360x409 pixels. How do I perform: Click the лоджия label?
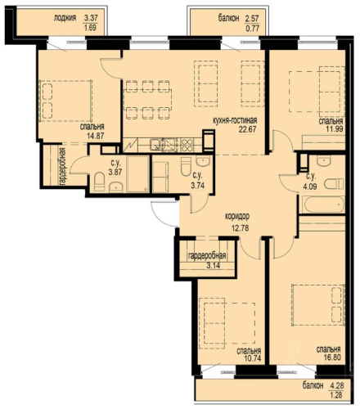point(65,18)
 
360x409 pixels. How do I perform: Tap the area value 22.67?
point(248,129)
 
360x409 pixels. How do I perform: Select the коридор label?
point(237,217)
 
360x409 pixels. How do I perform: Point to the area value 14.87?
point(96,136)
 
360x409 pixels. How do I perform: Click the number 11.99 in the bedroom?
point(335,128)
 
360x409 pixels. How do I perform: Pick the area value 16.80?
point(332,357)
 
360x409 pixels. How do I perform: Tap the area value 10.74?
point(252,358)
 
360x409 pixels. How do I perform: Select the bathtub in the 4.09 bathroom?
point(322,205)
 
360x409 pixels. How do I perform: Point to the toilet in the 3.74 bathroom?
point(187,166)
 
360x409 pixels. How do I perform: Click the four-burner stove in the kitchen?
point(187,145)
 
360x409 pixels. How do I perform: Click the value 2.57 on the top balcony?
point(252,19)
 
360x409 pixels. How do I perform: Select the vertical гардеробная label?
point(63,166)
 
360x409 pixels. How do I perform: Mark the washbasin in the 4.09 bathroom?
point(324,160)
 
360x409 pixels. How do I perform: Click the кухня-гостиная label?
point(235,120)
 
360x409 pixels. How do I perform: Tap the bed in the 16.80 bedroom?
point(318,304)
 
